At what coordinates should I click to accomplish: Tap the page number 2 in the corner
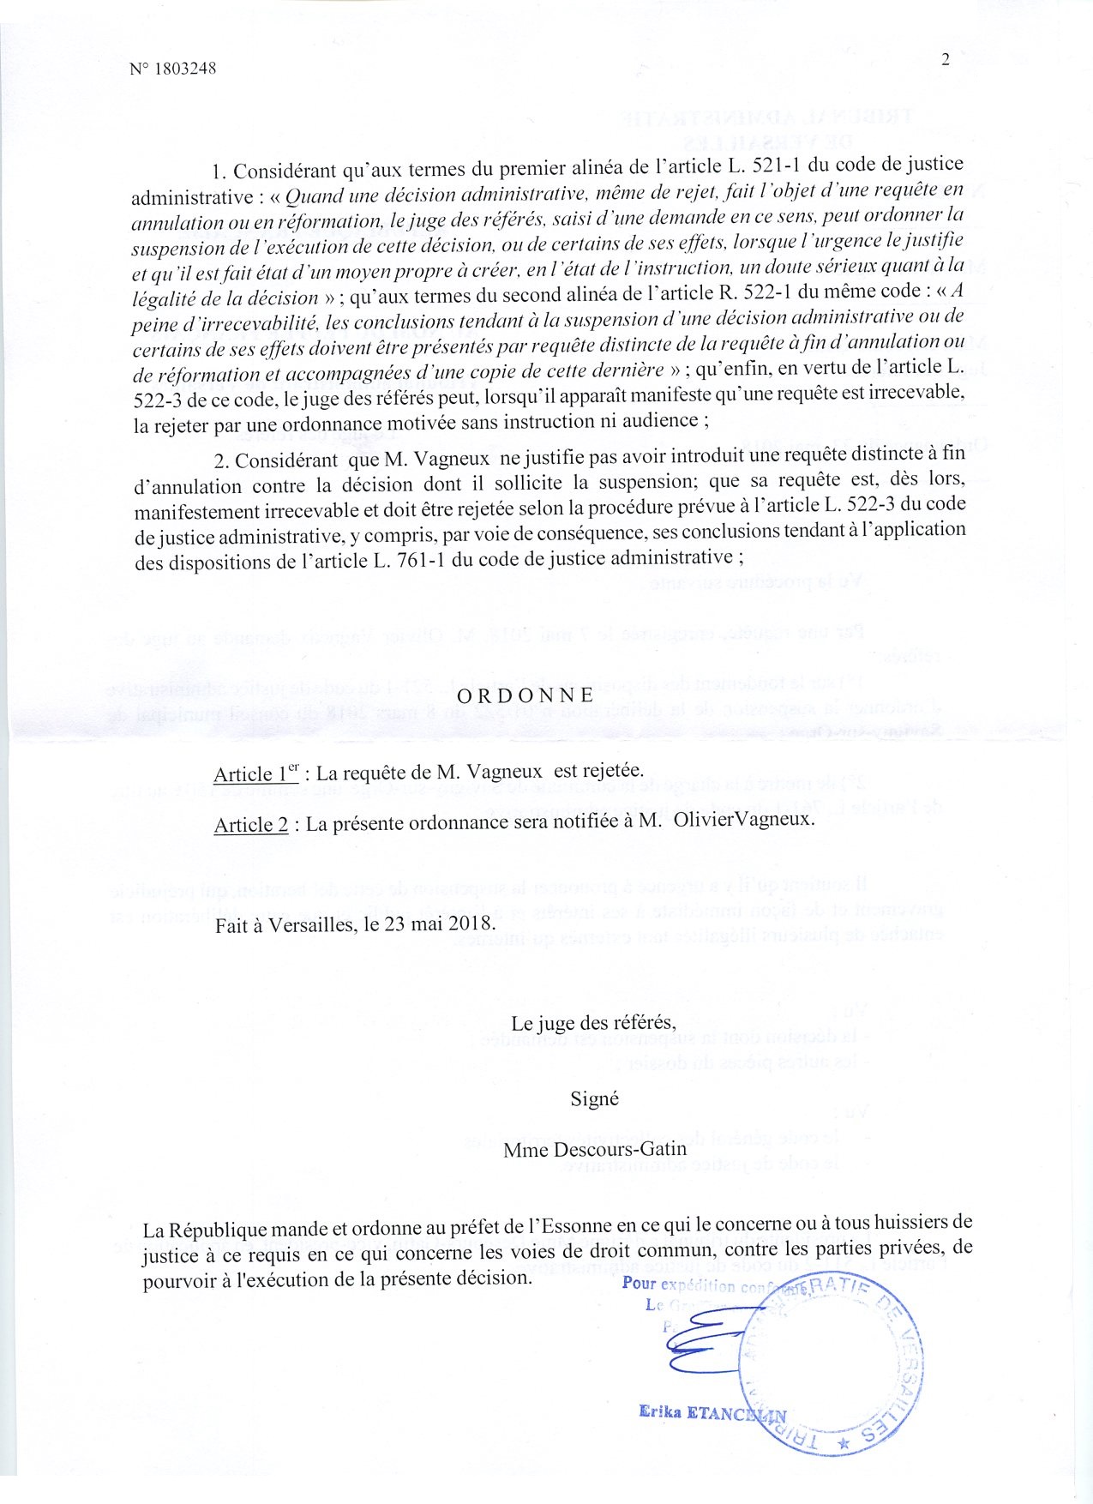946,59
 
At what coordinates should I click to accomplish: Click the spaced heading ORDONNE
525,695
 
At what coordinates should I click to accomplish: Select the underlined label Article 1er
255,773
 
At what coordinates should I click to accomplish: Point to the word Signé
594,1098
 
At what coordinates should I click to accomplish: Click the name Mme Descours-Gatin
594,1151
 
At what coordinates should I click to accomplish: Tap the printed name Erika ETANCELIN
712,1412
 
